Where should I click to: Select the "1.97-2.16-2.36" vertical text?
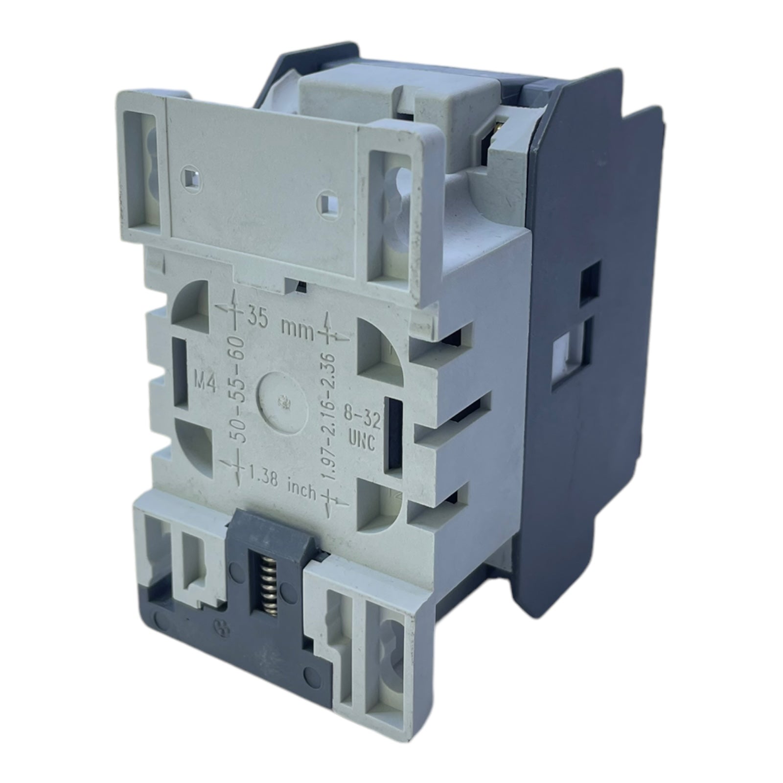click(x=334, y=416)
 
